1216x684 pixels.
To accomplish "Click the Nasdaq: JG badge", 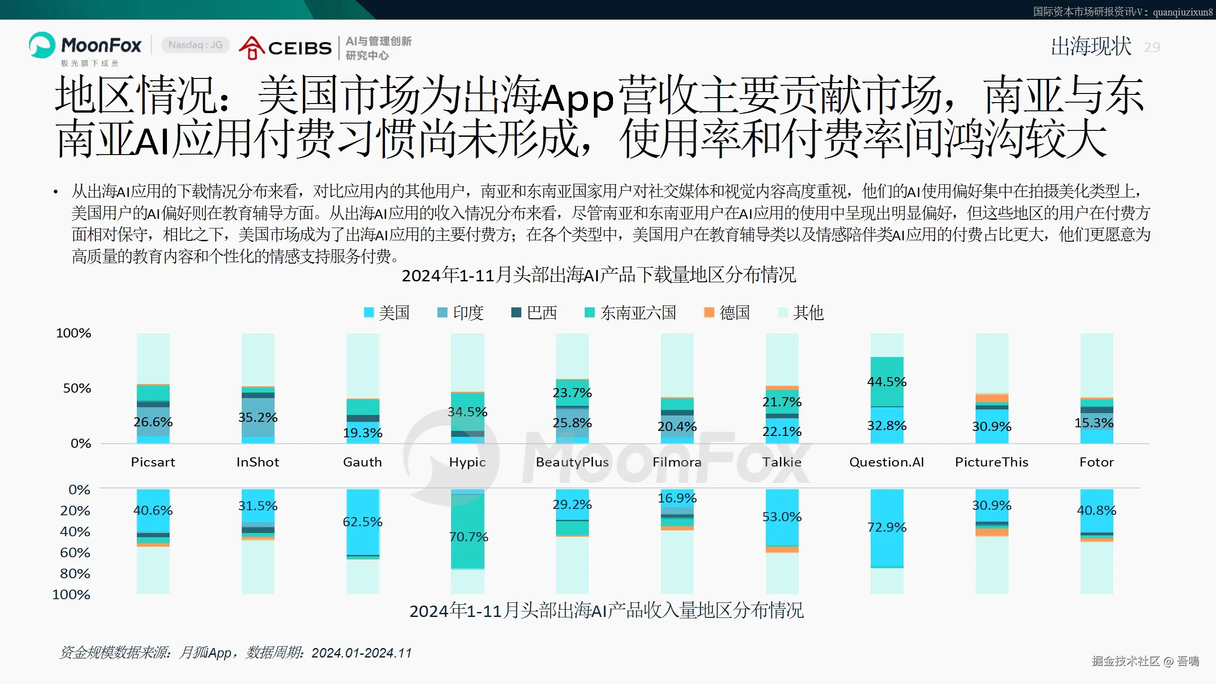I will [x=195, y=45].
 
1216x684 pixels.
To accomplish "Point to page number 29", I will [x=1151, y=47].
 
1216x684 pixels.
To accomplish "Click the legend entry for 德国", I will [x=727, y=312].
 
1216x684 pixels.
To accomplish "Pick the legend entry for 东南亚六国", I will [x=630, y=312].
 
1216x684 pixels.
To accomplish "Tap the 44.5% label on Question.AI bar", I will [x=887, y=381].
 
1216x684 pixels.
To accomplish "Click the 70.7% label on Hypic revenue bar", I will [x=468, y=537].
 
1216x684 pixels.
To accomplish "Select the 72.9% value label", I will [x=887, y=527].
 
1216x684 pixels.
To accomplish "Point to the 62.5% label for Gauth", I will [x=363, y=522].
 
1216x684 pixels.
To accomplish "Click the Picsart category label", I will [x=153, y=461].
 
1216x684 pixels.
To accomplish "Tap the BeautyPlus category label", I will [x=572, y=461].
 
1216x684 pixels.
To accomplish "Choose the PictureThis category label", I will [x=991, y=461].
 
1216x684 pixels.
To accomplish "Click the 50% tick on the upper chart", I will [x=77, y=388].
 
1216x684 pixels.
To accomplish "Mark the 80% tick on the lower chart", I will [x=75, y=574].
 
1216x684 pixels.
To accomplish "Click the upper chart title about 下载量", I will [x=598, y=275].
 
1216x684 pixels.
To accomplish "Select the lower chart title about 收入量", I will [x=606, y=611].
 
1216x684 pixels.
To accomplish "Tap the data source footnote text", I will [x=235, y=653].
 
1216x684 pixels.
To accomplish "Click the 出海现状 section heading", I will [x=1091, y=47].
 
